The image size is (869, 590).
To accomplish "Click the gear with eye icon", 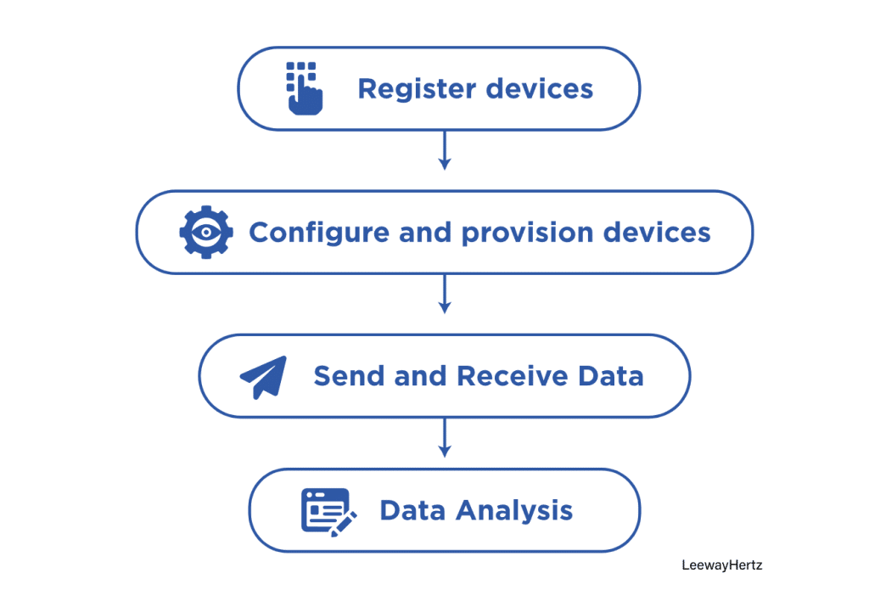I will click(205, 232).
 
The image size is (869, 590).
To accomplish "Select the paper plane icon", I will click(263, 376).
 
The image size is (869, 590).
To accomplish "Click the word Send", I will click(349, 376).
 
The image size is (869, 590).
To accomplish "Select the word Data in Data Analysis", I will click(413, 511).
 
